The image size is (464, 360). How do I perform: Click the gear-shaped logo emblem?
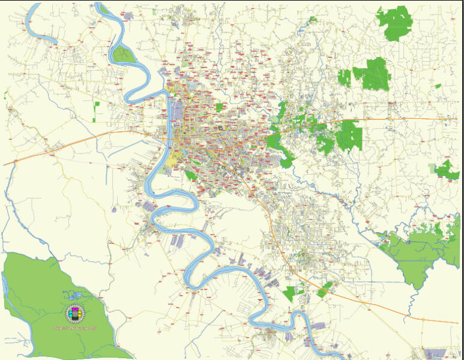pos(76,313)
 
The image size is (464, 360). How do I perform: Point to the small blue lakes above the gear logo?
pos(74,296)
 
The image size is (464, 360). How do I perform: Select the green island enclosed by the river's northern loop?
pos(123,55)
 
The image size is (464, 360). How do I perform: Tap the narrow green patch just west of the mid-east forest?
pos(344,78)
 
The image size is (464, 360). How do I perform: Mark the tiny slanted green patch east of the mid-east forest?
pos(438,86)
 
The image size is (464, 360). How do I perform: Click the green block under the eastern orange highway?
pos(349,135)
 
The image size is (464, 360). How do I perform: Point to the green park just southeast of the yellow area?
pos(191,175)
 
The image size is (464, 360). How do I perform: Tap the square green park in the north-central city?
pos(219,107)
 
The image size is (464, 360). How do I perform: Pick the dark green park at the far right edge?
pos(447,170)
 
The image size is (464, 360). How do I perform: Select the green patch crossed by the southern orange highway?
pos(325,289)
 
